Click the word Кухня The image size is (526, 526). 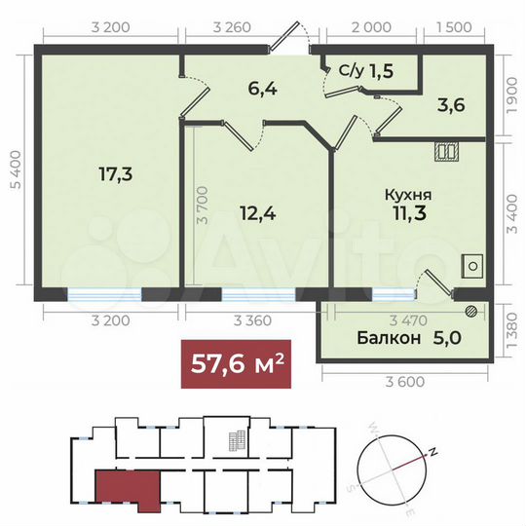click(407, 195)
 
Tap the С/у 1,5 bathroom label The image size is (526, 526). click(366, 70)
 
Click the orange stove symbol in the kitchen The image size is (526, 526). click(448, 151)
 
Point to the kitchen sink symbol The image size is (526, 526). click(472, 265)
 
